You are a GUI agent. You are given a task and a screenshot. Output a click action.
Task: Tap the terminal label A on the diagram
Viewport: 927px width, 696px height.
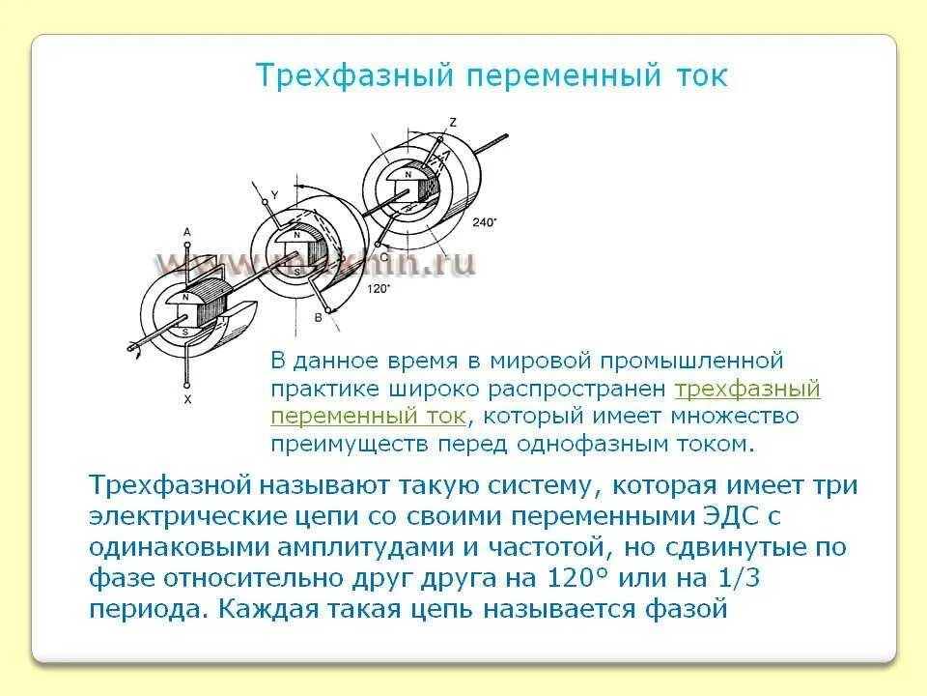tap(186, 232)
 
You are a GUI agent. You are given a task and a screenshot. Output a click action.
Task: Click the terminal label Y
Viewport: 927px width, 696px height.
tap(274, 195)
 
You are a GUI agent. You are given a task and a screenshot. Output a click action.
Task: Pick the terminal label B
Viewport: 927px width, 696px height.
tap(319, 317)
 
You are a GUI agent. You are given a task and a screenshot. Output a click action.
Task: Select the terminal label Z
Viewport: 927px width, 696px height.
tap(453, 122)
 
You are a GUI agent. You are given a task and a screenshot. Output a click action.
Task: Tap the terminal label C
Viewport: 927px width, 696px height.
tap(384, 258)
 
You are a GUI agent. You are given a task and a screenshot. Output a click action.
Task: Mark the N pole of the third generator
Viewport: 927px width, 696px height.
tap(408, 173)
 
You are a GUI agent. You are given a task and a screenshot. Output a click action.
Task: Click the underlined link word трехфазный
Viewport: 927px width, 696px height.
tap(747, 389)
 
